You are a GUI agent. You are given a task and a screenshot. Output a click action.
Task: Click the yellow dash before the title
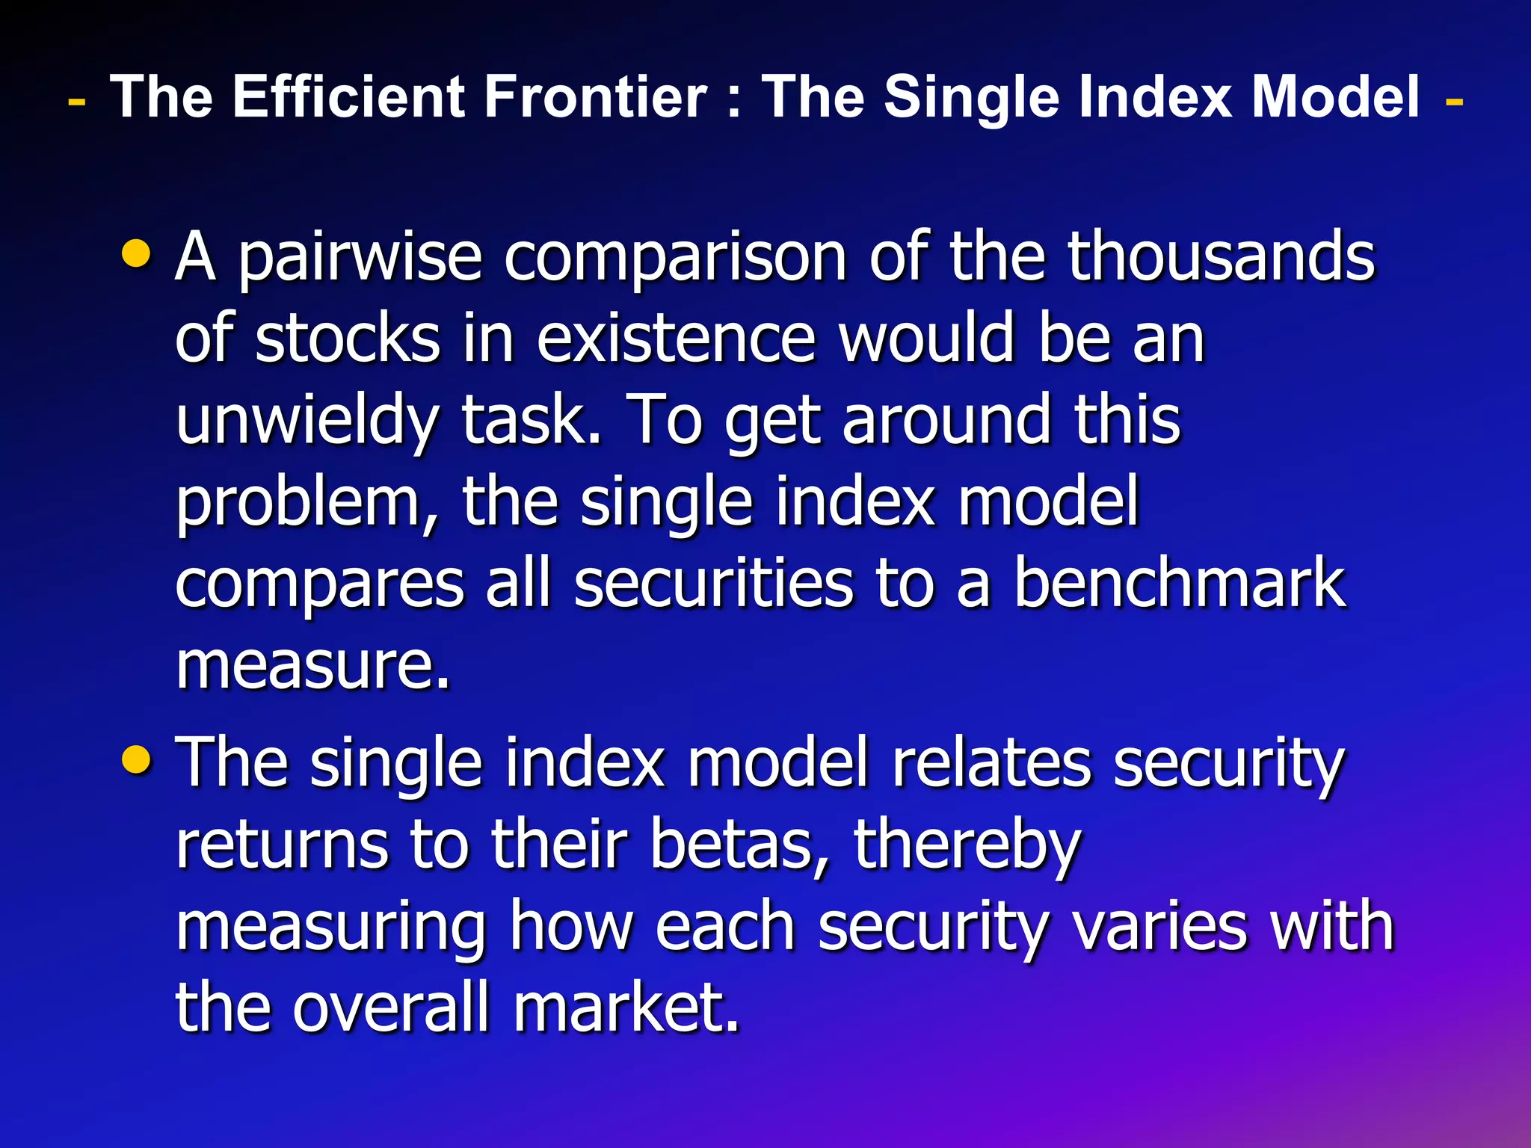pos(76,100)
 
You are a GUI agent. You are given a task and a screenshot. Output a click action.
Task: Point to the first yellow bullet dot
pos(137,253)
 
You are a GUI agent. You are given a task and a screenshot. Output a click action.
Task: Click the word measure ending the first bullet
pos(312,665)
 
